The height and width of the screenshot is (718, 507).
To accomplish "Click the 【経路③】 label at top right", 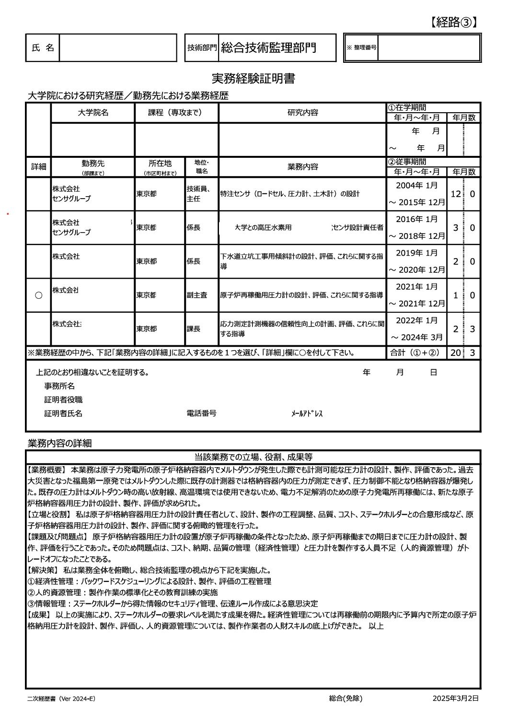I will click(453, 22).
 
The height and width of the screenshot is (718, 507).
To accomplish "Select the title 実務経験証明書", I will click(253, 79).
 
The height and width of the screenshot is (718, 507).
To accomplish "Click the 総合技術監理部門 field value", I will click(268, 47).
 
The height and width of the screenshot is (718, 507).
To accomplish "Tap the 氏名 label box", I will click(43, 47).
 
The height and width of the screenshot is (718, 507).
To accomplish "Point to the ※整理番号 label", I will click(361, 47).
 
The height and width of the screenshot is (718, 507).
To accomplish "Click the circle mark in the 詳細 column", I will click(38, 295).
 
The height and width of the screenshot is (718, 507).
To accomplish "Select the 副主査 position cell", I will click(197, 295).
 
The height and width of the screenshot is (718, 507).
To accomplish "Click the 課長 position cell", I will click(194, 329).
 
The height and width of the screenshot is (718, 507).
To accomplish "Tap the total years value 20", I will click(455, 353).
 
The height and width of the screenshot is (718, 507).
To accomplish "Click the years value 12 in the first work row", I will click(455, 194).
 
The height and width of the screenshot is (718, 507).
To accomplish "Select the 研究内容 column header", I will click(302, 113).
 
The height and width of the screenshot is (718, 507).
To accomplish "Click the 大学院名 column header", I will click(93, 113).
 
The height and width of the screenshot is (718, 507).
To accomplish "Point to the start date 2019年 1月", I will click(416, 253).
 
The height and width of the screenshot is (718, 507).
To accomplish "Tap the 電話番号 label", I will click(201, 413).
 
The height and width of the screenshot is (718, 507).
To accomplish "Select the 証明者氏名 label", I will click(63, 413).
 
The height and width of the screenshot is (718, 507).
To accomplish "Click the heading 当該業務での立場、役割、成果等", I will click(253, 457).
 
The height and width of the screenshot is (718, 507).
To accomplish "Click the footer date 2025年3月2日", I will click(455, 698).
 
